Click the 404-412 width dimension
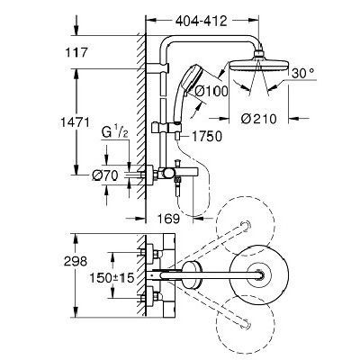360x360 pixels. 201,22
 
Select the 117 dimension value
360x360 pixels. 76,53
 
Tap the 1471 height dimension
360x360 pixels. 75,122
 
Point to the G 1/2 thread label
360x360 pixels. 114,133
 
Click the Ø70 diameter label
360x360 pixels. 105,175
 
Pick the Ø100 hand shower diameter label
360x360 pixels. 211,91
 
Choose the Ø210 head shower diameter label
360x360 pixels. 258,119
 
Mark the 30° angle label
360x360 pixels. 302,73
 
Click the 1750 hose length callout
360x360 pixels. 206,137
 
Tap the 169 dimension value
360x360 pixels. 168,219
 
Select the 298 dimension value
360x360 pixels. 76,261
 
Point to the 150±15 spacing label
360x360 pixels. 112,278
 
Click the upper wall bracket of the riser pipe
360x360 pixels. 157,67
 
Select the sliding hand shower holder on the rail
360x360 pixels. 166,127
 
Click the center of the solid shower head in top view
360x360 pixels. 259,275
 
